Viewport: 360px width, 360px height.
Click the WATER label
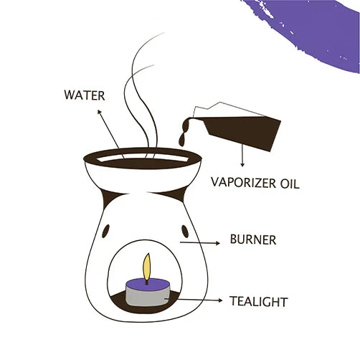point(85,95)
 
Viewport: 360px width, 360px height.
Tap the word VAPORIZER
point(243,182)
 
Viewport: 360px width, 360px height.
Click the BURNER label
point(253,240)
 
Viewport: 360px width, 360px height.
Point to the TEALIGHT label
point(258,301)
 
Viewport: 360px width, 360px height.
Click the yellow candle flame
point(147,266)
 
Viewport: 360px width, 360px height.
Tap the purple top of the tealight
point(148,284)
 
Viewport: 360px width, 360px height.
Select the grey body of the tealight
point(148,298)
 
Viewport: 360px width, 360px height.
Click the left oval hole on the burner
point(105,231)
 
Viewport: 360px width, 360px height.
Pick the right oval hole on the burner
point(185,231)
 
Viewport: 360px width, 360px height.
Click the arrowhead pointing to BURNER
point(218,243)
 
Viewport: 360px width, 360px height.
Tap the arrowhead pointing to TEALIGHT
point(220,300)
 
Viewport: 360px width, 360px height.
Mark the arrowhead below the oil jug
point(242,165)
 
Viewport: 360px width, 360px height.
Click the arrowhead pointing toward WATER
point(99,111)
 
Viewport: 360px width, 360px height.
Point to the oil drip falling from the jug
point(182,141)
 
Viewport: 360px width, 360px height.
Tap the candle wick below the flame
point(147,282)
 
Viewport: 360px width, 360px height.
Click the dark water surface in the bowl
point(143,164)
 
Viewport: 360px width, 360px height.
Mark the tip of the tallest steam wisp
point(165,32)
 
